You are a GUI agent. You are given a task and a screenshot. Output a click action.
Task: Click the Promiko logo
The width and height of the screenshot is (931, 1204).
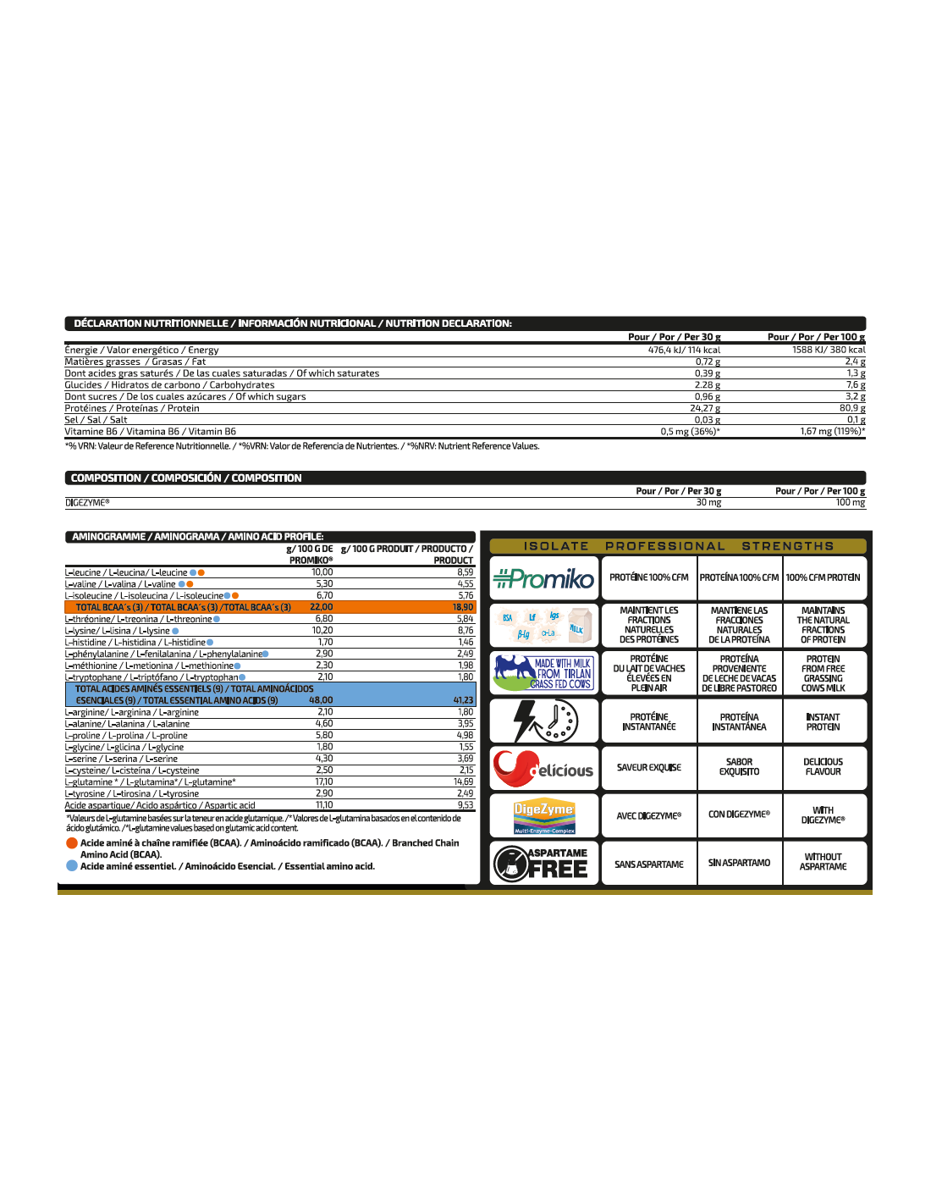click(x=543, y=578)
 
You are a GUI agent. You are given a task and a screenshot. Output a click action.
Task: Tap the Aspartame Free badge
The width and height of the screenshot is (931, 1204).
click(x=543, y=863)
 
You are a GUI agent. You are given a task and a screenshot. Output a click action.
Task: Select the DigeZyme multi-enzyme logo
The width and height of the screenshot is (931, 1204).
click(x=544, y=815)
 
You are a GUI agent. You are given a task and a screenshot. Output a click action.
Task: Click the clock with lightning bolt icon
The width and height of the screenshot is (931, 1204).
click(x=544, y=721)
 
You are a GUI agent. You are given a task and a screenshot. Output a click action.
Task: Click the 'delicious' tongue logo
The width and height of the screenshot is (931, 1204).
click(x=543, y=768)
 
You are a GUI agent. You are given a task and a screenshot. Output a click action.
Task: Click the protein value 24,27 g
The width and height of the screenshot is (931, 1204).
click(x=705, y=408)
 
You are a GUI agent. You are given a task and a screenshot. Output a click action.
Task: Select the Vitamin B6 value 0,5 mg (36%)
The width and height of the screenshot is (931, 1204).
click(x=690, y=432)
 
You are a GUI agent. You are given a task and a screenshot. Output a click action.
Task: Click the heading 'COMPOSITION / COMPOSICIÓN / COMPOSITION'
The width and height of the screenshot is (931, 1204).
click(x=186, y=478)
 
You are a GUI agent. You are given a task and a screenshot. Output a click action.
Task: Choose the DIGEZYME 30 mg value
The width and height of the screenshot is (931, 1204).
click(x=708, y=503)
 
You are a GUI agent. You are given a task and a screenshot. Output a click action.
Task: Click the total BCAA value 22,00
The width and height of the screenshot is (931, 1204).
click(x=322, y=607)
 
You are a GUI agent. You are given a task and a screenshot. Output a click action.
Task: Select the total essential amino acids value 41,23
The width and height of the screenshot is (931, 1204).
click(x=463, y=700)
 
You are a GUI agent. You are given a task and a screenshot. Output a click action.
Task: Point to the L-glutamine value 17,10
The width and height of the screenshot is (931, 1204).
click(x=324, y=782)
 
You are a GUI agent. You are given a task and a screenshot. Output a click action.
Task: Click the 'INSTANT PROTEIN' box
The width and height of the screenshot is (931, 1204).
click(x=823, y=721)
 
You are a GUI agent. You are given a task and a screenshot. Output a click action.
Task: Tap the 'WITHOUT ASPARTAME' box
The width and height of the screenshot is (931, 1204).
click(x=823, y=862)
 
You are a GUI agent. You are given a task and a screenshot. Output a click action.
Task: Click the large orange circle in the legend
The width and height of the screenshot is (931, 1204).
click(x=72, y=843)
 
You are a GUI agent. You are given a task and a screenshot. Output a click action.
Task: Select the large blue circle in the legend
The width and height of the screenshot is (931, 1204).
click(x=72, y=866)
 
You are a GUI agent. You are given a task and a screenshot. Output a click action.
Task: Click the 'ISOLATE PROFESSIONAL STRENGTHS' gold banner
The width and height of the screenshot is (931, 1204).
click(x=678, y=546)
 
